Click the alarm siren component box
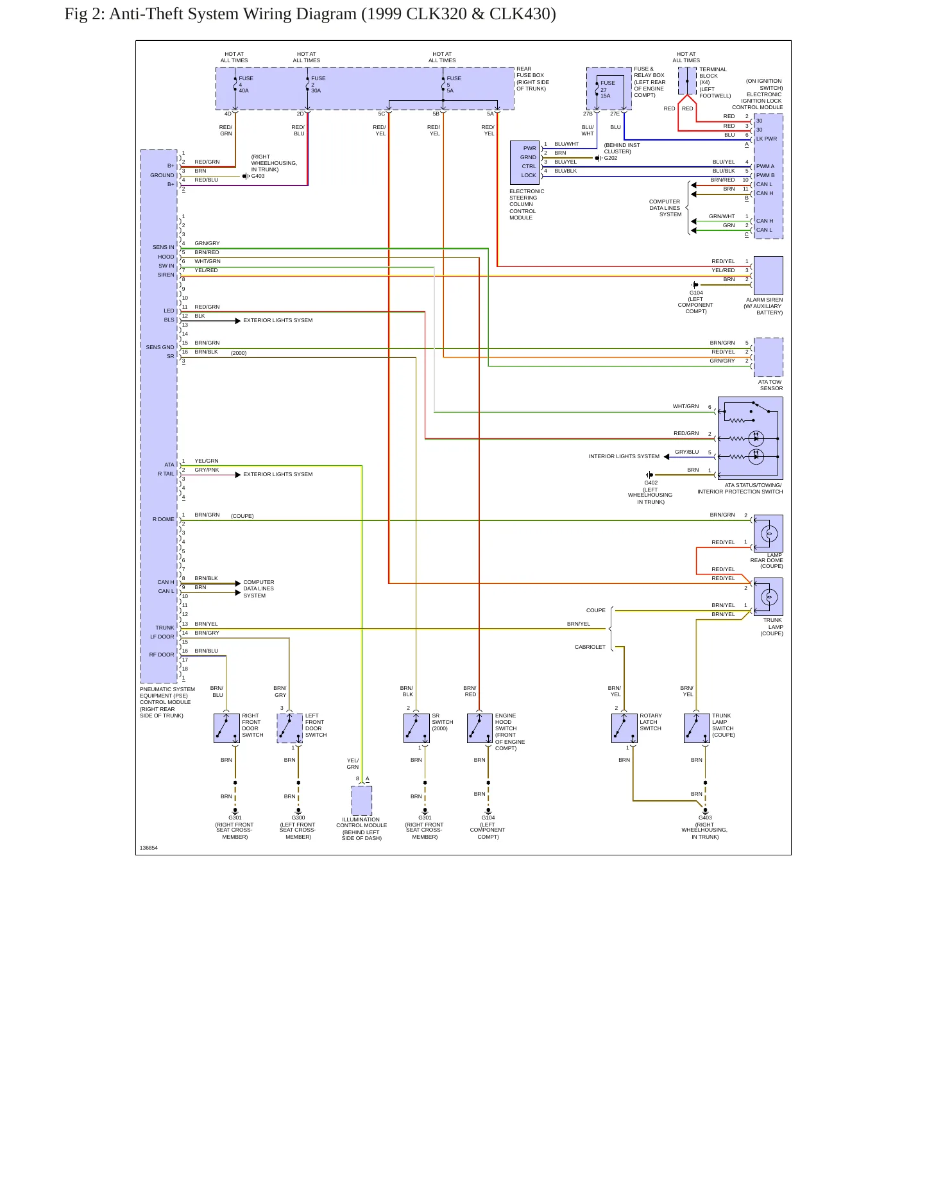click(768, 275)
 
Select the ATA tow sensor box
click(768, 357)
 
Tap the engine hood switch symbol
click(480, 728)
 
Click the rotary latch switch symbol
click(624, 728)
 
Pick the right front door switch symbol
click(226, 728)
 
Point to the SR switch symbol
click(416, 728)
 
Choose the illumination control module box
click(362, 800)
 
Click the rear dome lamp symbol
click(769, 533)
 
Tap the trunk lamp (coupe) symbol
click(769, 597)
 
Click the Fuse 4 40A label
click(246, 85)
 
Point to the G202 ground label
click(611, 158)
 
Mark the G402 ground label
click(651, 483)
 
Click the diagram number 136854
click(149, 848)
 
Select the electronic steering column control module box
click(525, 162)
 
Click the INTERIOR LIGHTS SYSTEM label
click(624, 456)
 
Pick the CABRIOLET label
click(590, 647)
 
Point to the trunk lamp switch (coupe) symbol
click(697, 728)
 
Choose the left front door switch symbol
click(290, 728)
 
